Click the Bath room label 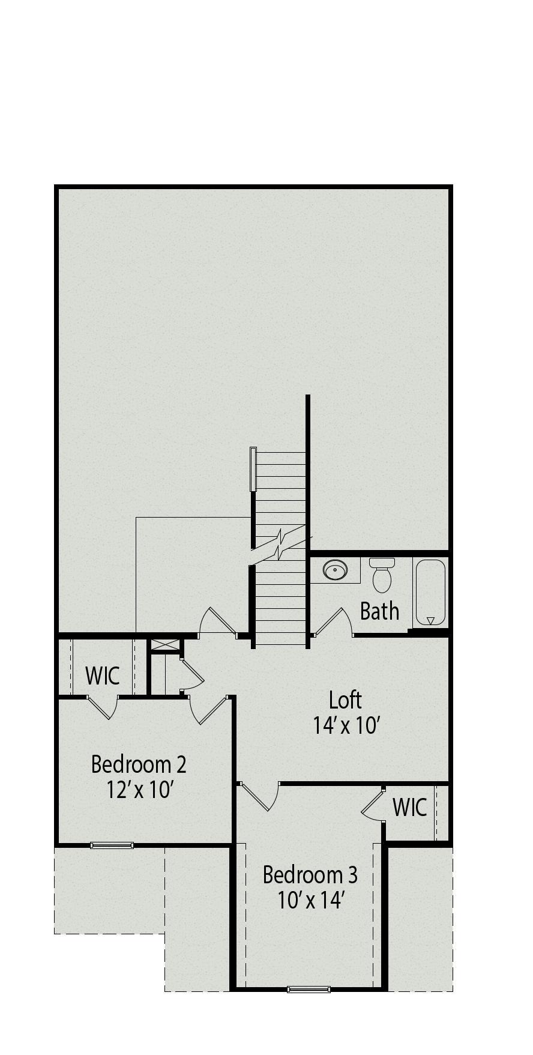coord(379,611)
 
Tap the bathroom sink coord(335,570)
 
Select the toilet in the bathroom coord(382,575)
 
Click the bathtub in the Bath coord(430,593)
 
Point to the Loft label coord(346,700)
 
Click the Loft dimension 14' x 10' coord(346,725)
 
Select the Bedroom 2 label coord(139,764)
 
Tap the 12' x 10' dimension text coord(140,790)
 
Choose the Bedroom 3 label coord(310,875)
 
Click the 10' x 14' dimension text coord(310,901)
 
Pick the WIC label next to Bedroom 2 coord(103,676)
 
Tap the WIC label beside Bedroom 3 coord(409,808)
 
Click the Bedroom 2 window coord(112,845)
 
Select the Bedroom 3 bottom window coord(309,990)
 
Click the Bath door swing coord(334,622)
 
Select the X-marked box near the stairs coord(165,645)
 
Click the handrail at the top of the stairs coord(253,470)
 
